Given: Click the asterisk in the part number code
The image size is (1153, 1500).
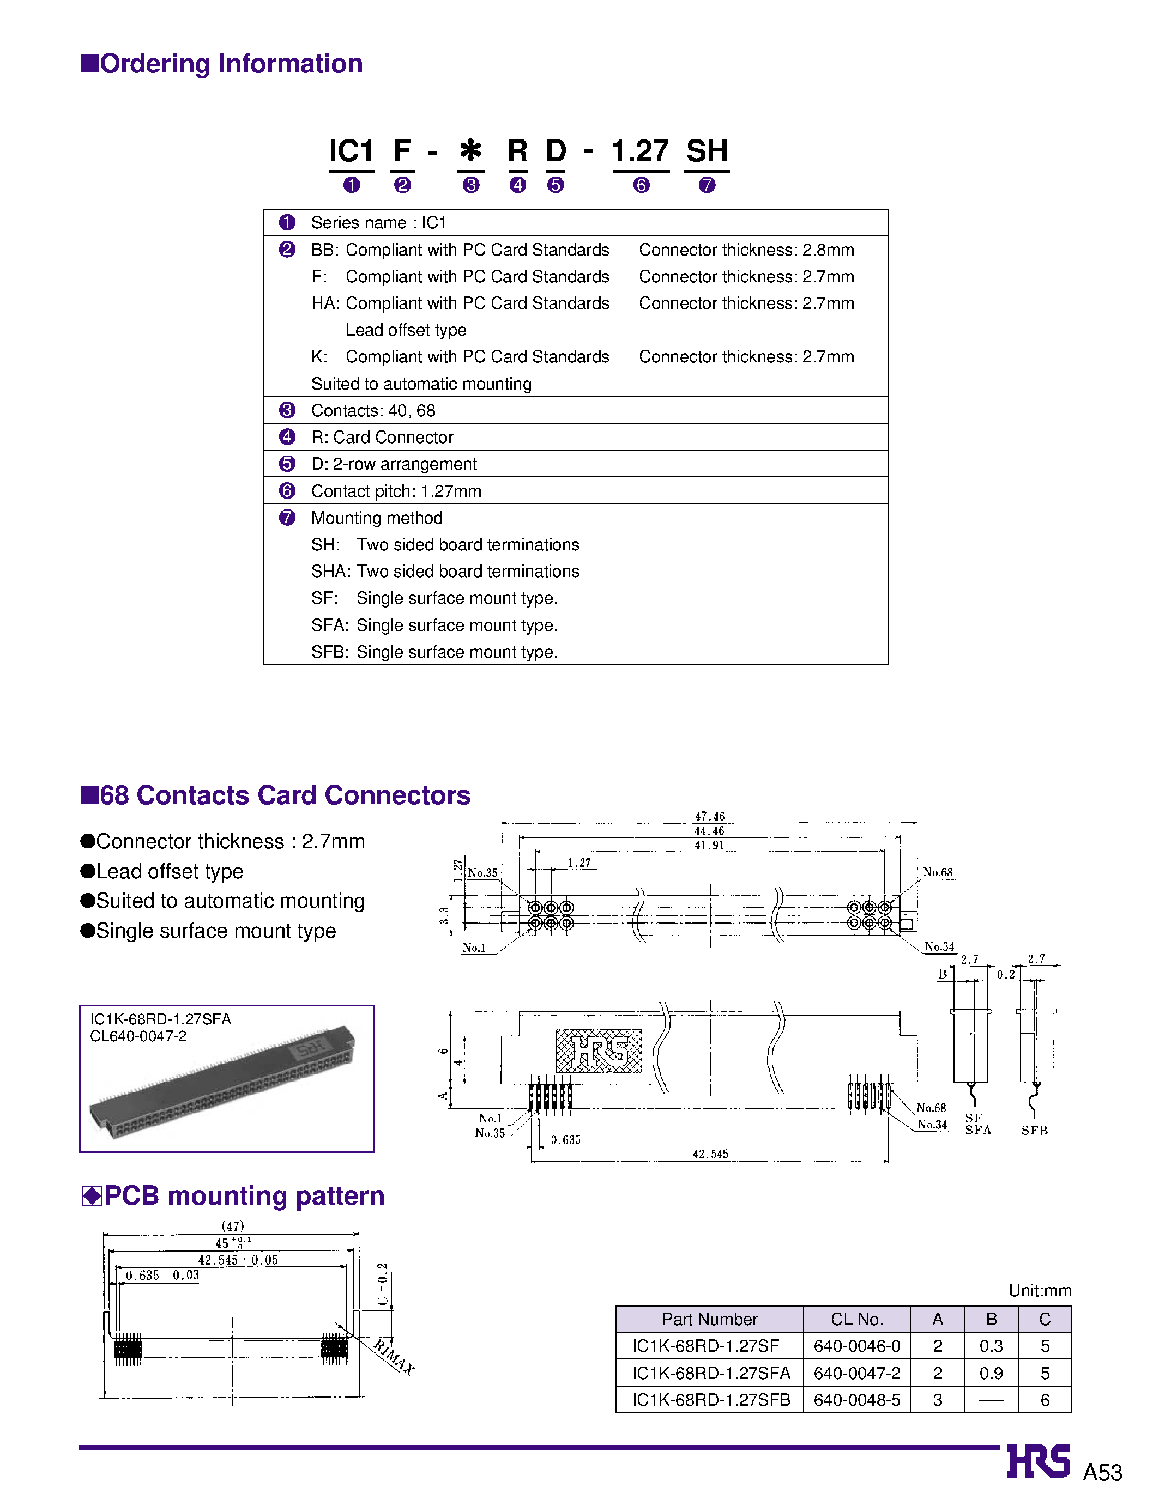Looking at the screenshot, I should point(471,150).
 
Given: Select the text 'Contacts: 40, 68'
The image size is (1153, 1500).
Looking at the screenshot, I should point(373,410).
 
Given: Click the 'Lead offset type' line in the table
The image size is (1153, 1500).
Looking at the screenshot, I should point(406,330).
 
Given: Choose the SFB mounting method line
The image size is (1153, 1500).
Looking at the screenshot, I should point(434,652).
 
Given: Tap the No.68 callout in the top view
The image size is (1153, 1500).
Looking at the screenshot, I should point(938,872).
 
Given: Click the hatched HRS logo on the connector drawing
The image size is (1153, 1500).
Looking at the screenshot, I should point(599,1050).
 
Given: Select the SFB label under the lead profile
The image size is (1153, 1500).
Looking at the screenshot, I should point(1034,1131).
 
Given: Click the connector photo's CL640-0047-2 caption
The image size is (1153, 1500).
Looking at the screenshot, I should point(138,1036).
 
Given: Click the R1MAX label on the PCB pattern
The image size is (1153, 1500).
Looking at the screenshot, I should point(394,1357).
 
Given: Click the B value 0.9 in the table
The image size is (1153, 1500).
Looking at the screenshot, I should point(991,1373).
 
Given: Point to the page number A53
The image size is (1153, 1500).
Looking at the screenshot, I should point(1102,1473).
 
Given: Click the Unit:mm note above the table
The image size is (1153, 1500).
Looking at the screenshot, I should point(1039,1290).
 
